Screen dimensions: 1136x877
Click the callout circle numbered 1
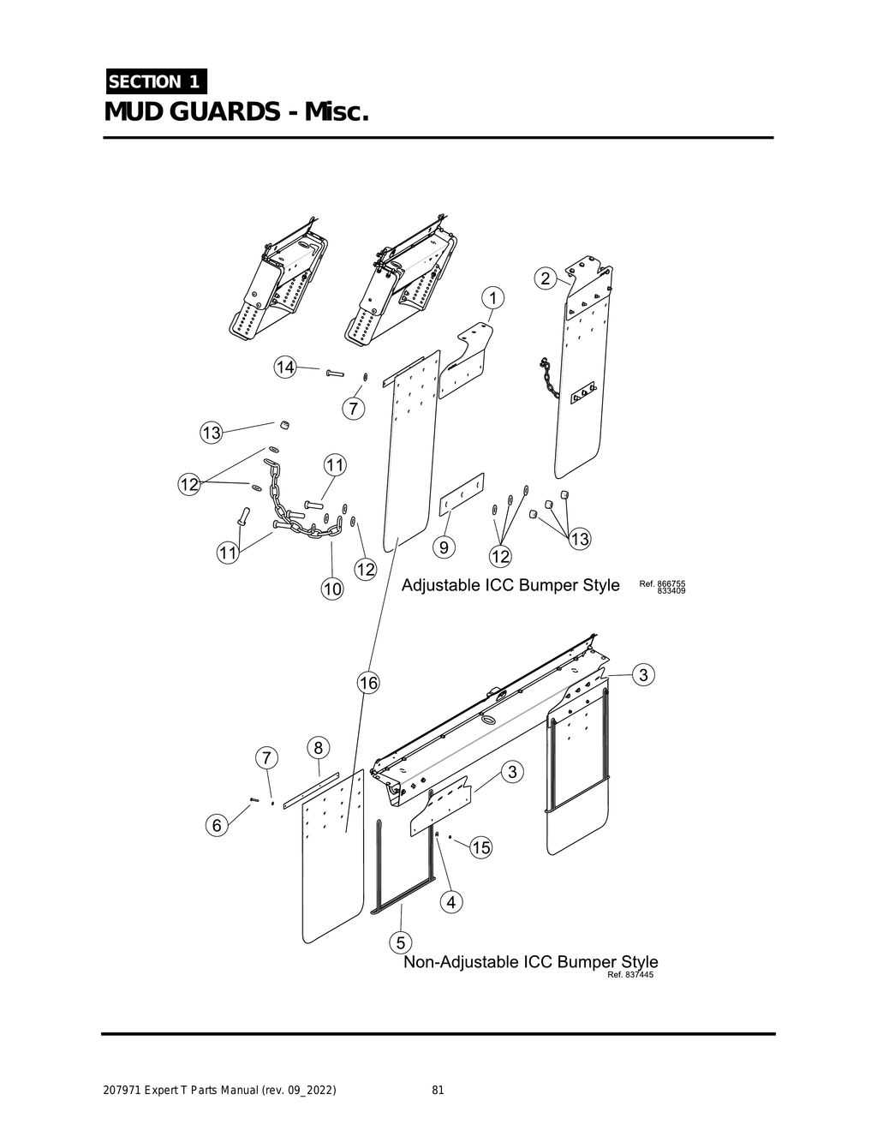point(493,298)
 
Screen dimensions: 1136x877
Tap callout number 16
point(368,683)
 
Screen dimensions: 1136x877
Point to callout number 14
point(284,368)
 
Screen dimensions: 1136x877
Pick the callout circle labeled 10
point(332,589)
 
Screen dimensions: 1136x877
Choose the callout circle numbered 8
point(318,747)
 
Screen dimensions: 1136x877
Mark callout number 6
point(218,825)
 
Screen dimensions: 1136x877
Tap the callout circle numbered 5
point(398,942)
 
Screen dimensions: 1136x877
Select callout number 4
point(452,901)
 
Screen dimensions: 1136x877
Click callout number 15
point(481,847)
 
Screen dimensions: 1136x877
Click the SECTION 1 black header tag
point(155,82)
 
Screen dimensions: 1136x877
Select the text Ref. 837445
point(630,975)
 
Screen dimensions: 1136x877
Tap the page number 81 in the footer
point(438,1091)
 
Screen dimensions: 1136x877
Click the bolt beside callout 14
point(333,373)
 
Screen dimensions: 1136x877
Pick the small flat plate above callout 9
point(462,494)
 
